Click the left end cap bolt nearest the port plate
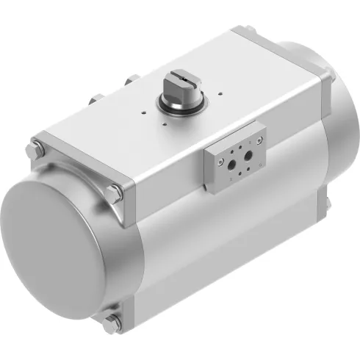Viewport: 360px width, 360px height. click(x=115, y=194)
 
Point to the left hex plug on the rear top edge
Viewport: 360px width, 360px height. click(x=97, y=98)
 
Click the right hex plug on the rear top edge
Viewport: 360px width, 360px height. click(x=132, y=80)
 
